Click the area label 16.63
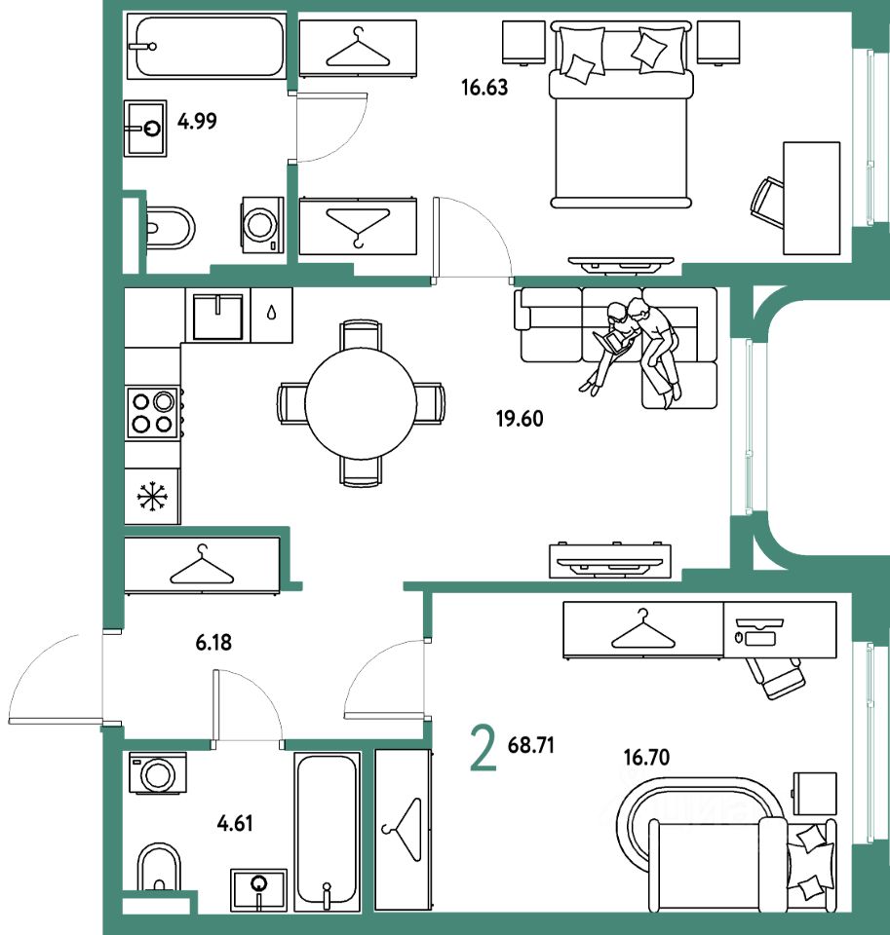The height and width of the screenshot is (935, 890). click(x=484, y=88)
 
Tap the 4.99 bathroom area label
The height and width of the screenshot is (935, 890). click(x=197, y=121)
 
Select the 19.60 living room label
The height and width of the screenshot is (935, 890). click(x=520, y=419)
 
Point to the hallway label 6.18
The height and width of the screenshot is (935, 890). click(x=213, y=642)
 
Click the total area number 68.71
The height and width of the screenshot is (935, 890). click(x=530, y=745)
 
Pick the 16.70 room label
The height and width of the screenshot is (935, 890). click(x=646, y=758)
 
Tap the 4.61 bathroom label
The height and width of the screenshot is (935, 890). click(x=235, y=824)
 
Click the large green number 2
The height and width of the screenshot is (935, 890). click(x=483, y=748)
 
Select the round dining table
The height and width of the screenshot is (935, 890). click(x=361, y=403)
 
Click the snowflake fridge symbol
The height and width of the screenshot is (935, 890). click(x=152, y=497)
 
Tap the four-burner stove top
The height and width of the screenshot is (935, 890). click(x=152, y=413)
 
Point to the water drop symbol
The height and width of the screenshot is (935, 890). click(x=272, y=313)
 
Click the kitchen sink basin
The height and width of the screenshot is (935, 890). click(x=217, y=316)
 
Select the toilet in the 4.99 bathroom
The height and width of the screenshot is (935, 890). click(x=171, y=228)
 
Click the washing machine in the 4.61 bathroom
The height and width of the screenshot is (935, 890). click(x=158, y=772)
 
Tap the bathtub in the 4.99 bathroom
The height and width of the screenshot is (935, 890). click(x=207, y=47)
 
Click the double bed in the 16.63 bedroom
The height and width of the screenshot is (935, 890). click(x=621, y=115)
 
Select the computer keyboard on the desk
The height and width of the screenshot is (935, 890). click(x=760, y=637)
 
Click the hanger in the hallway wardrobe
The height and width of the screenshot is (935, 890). click(x=202, y=565)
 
